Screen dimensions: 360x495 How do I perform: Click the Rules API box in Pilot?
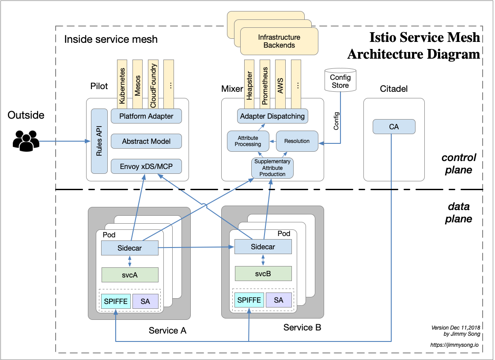pyautogui.click(x=99, y=141)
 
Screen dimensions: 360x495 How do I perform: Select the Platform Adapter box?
pyautogui.click(x=146, y=116)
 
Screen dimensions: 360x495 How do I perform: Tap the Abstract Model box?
pyautogui.click(x=146, y=142)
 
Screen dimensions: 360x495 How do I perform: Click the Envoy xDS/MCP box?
pyautogui.click(x=146, y=166)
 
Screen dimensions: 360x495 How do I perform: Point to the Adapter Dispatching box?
pyautogui.click(x=272, y=116)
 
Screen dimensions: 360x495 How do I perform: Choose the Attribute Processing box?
pyautogui.click(x=248, y=141)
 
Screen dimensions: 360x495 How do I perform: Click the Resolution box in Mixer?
pyautogui.click(x=297, y=141)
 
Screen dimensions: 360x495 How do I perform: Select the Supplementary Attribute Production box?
pyautogui.click(x=272, y=168)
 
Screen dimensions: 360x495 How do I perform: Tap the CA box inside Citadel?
pyautogui.click(x=394, y=127)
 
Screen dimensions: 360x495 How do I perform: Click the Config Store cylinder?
pyautogui.click(x=340, y=80)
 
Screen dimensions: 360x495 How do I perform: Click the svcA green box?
pyautogui.click(x=130, y=275)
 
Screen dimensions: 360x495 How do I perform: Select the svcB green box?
pyautogui.click(x=263, y=274)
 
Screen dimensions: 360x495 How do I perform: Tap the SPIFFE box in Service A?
pyautogui.click(x=116, y=301)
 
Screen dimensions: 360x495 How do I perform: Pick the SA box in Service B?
pyautogui.click(x=279, y=300)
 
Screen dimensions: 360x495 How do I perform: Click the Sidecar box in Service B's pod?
pyautogui.click(x=263, y=247)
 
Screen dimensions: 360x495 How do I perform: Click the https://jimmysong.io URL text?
pyautogui.click(x=454, y=345)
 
